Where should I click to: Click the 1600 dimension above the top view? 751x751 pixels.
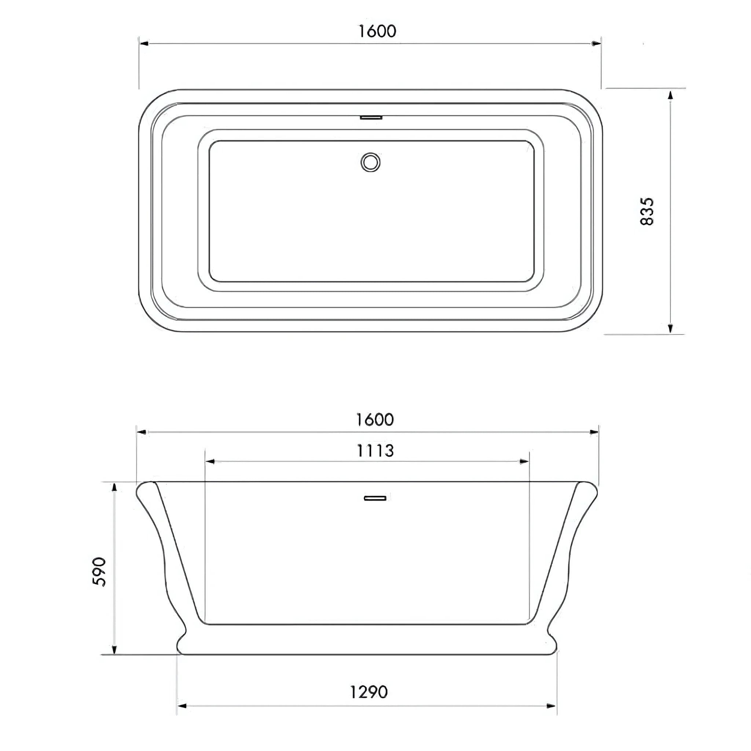pos(377,31)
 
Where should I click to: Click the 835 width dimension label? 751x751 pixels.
pos(647,212)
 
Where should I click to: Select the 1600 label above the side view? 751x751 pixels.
pos(375,420)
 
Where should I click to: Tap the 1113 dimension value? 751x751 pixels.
pos(375,451)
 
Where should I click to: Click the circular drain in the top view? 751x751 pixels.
pos(370,162)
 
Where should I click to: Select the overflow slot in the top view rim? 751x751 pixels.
pos(371,117)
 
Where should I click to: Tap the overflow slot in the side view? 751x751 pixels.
pos(375,498)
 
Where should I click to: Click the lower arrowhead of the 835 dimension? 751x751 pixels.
pos(670,329)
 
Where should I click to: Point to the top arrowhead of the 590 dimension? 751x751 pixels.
pos(114,488)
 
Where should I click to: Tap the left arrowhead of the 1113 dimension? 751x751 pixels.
pos(210,461)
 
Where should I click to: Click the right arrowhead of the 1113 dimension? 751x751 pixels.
pos(524,461)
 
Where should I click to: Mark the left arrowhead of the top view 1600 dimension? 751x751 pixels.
pos(144,44)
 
